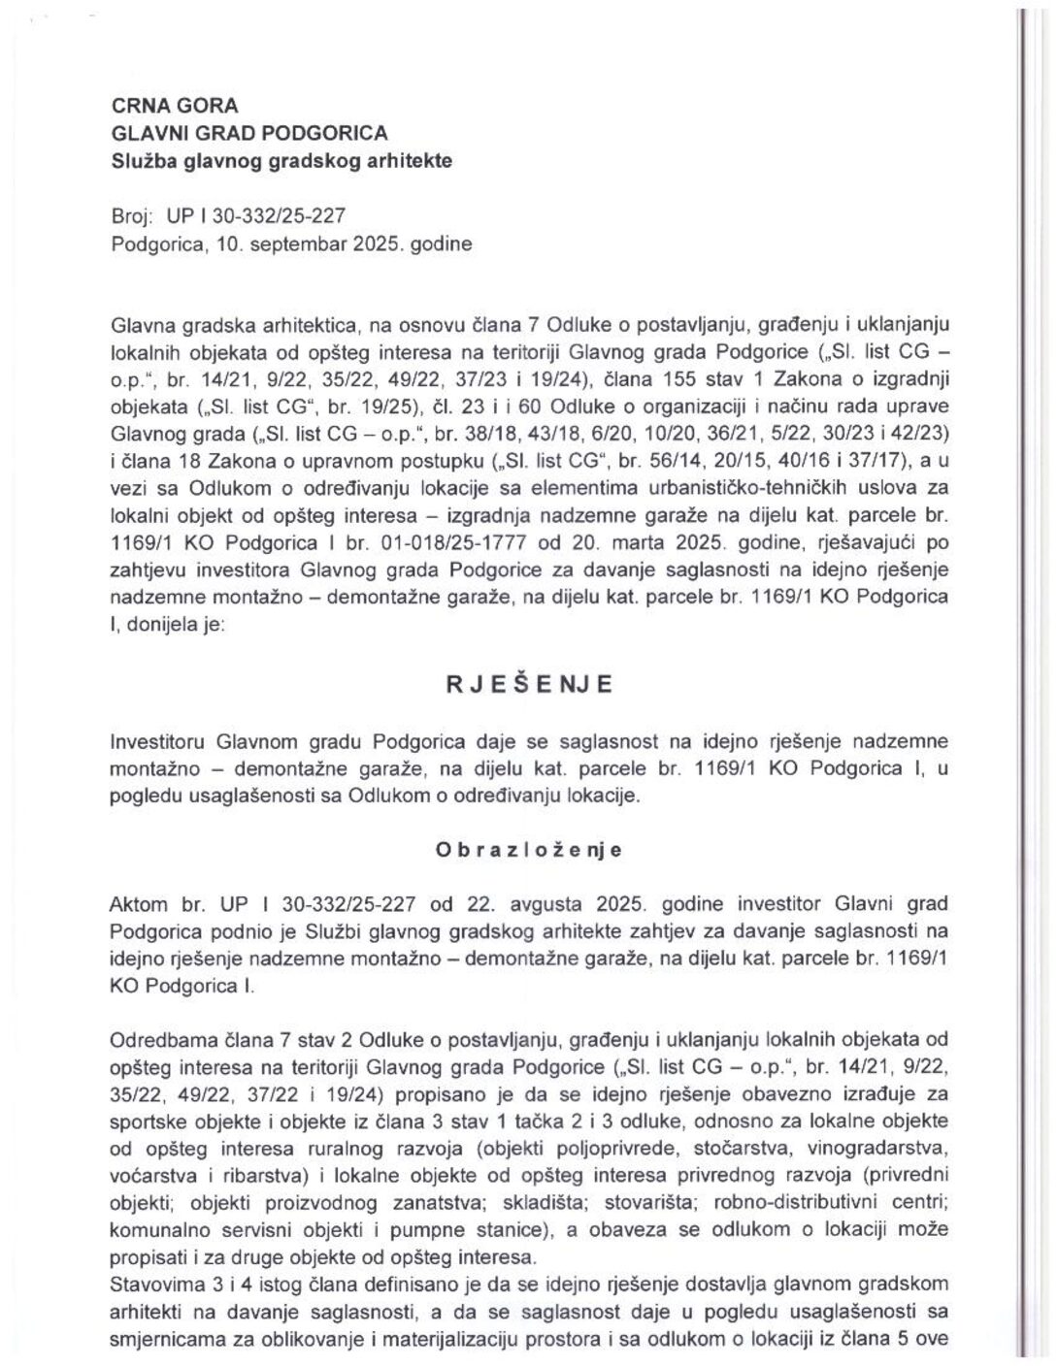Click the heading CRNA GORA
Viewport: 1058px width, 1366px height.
(175, 106)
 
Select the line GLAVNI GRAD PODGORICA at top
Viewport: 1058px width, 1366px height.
(249, 133)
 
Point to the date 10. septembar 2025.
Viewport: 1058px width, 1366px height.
(308, 244)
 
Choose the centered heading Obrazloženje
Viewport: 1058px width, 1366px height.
(529, 850)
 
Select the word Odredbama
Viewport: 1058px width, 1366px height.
(161, 1040)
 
